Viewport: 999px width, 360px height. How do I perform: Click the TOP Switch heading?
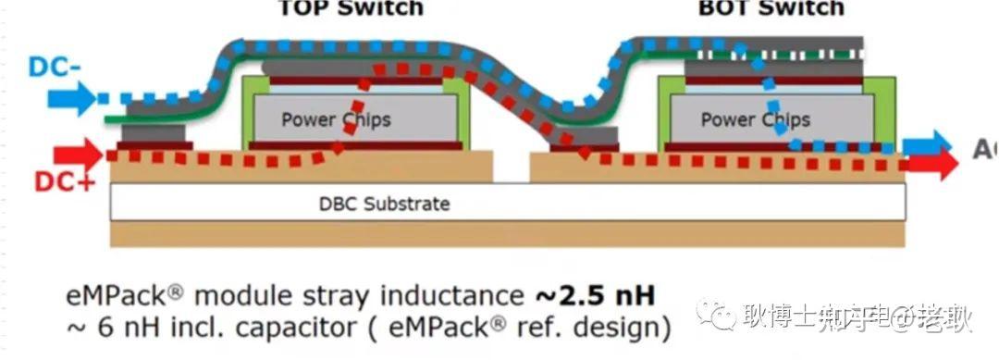(351, 8)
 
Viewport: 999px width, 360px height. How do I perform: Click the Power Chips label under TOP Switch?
(336, 119)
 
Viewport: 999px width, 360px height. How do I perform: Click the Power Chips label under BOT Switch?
(755, 119)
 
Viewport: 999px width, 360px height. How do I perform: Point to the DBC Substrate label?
(377, 203)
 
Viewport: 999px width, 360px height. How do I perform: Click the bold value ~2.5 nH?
(594, 296)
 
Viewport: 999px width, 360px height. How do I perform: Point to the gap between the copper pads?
(512, 168)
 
